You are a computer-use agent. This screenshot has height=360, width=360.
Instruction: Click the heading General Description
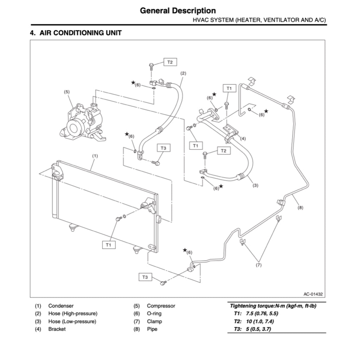tap(178, 11)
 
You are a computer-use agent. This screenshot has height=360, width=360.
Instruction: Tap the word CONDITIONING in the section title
tap(78, 33)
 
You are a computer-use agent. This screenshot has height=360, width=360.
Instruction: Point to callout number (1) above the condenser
tap(95, 155)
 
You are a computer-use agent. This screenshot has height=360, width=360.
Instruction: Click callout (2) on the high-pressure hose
tap(183, 73)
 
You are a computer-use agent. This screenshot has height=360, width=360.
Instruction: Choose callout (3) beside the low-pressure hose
tap(256, 185)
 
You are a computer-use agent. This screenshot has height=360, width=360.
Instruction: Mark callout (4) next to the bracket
tap(243, 139)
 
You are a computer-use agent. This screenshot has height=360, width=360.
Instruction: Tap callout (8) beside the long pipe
tap(300, 207)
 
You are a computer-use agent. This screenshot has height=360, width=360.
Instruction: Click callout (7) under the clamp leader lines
tap(259, 265)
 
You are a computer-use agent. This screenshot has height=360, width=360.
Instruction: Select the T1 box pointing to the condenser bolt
tap(109, 245)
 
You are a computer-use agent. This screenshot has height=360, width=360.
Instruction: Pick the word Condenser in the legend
tap(61, 306)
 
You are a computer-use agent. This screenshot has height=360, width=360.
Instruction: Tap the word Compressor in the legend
tap(161, 306)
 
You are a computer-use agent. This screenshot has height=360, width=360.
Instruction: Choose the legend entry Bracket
tap(57, 329)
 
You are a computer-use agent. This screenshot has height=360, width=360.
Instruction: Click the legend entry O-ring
tap(154, 314)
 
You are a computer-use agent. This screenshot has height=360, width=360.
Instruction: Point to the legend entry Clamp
tap(154, 321)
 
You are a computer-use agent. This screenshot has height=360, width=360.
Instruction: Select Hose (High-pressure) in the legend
tap(73, 314)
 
